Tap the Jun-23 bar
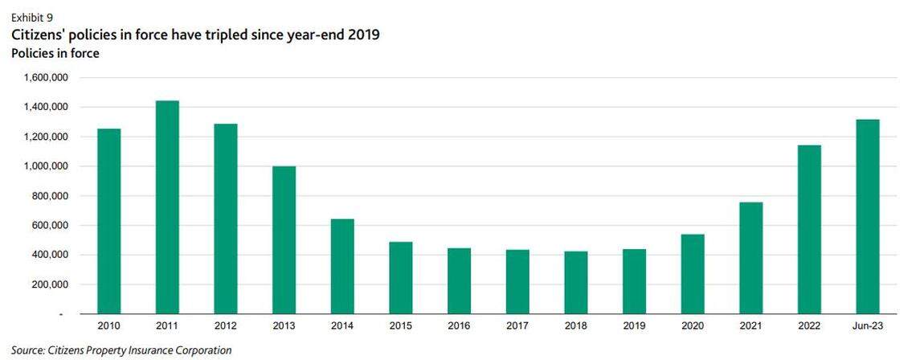tap(867, 217)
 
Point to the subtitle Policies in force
tap(55, 53)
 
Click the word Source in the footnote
tap(28, 350)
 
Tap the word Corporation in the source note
tap(202, 350)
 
